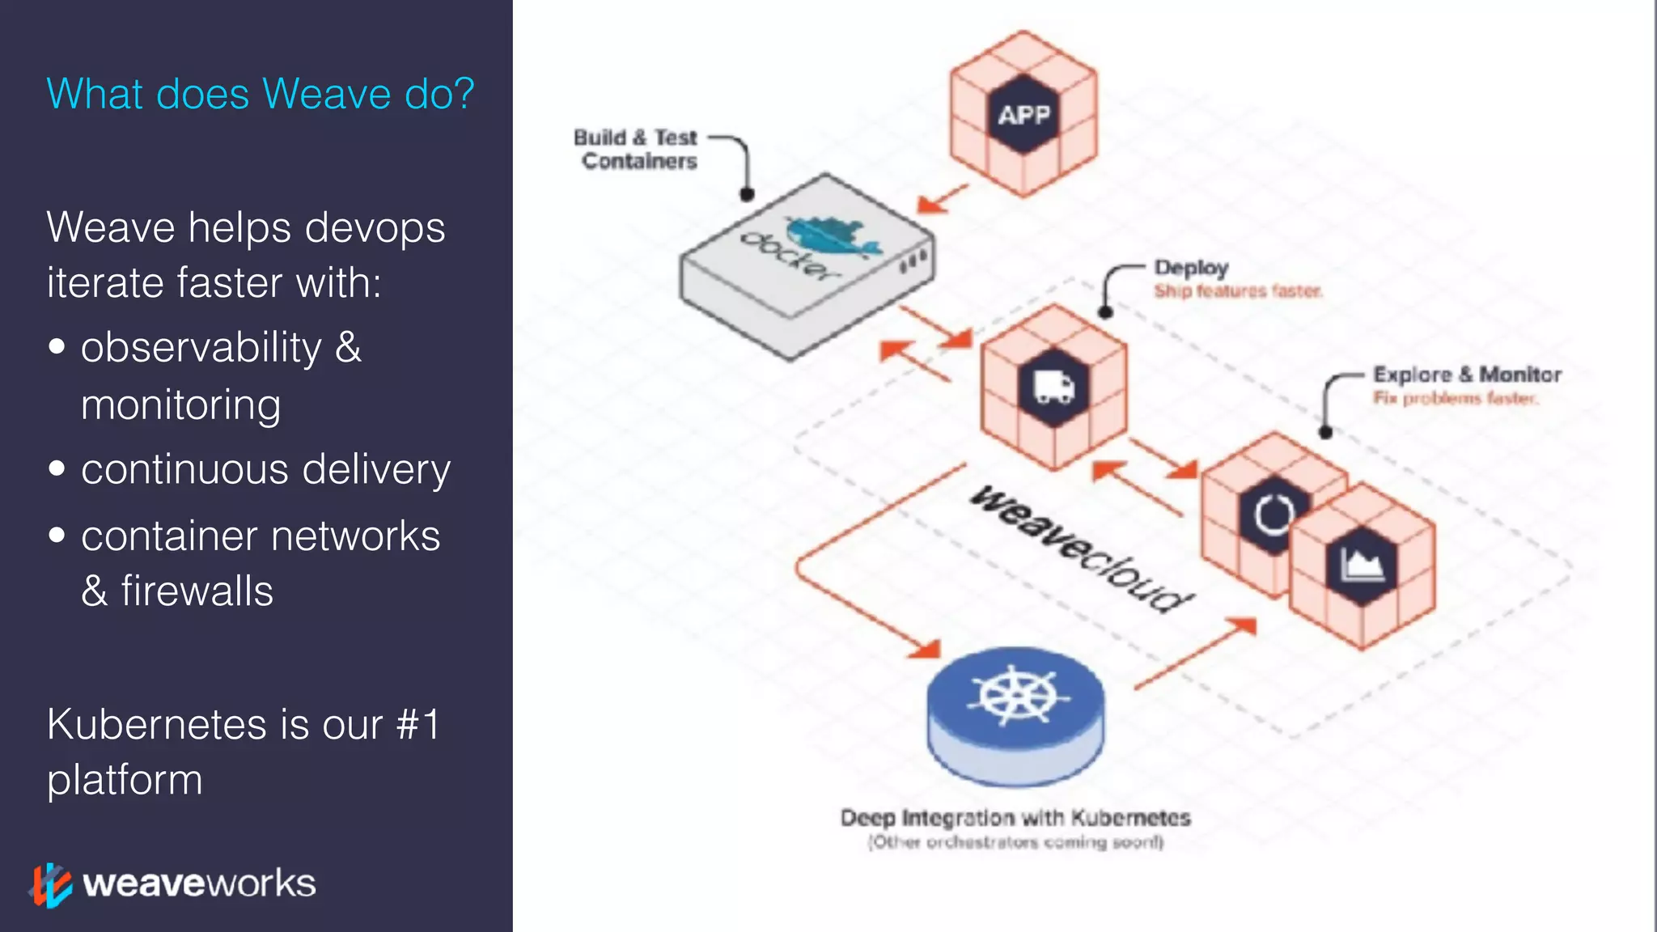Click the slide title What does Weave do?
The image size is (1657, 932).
tap(260, 94)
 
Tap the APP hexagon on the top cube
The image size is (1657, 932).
tap(1023, 115)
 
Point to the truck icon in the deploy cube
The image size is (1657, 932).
tap(1054, 388)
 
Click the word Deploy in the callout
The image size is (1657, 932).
tap(1191, 268)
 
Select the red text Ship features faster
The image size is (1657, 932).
tap(1238, 291)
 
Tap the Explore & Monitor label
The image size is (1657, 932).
tap(1467, 375)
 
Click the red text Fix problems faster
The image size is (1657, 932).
tap(1455, 398)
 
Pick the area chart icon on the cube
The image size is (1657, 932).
tap(1362, 566)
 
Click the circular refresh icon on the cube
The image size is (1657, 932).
tap(1273, 514)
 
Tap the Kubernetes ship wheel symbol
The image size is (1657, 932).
tap(1016, 696)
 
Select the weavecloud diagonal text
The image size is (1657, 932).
tap(1081, 549)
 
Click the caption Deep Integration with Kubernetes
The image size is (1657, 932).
tap(1015, 817)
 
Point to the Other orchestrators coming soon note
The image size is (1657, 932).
tap(1015, 842)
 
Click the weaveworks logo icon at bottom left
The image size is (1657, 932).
tap(51, 884)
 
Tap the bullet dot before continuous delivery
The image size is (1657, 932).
tap(57, 468)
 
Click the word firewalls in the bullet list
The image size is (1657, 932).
tap(197, 591)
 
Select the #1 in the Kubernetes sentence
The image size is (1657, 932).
tap(417, 723)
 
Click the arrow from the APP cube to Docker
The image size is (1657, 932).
tap(943, 199)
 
